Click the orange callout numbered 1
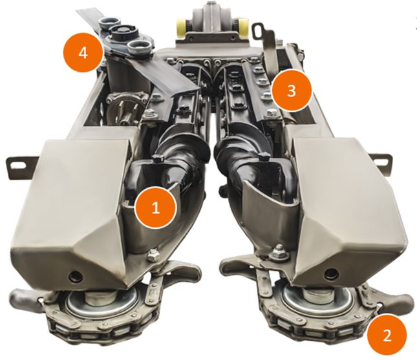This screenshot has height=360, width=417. pyautogui.click(x=156, y=207)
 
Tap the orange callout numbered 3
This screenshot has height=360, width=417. pyautogui.click(x=291, y=90)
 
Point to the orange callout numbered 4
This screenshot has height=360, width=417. pyautogui.click(x=83, y=52)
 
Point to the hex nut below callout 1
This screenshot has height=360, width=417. pyautogui.click(x=153, y=255)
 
